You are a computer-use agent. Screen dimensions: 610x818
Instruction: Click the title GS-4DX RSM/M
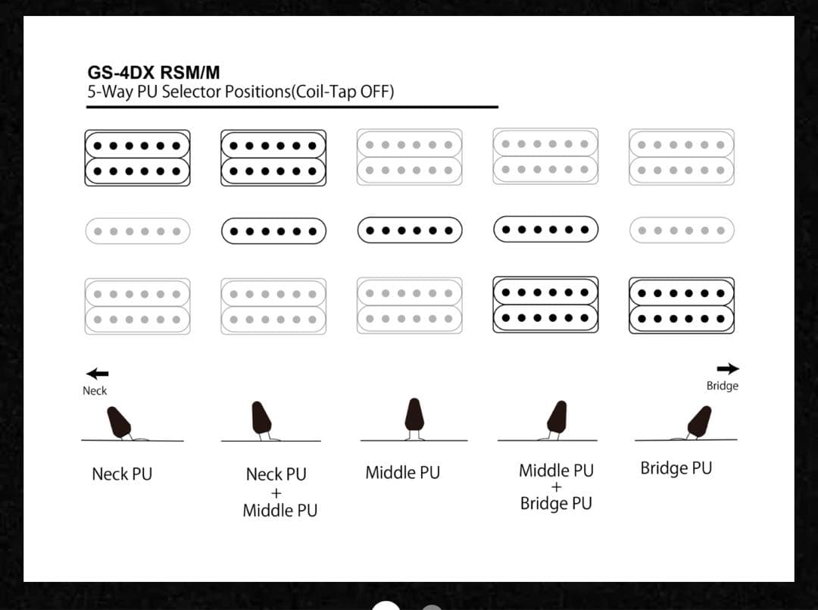pos(154,74)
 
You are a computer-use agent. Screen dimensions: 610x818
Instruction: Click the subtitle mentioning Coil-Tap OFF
pos(241,92)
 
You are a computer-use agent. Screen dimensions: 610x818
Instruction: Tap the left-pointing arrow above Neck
pos(97,374)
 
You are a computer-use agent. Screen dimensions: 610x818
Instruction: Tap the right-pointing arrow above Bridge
pos(728,369)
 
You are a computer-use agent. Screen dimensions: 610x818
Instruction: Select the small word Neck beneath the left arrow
pos(95,391)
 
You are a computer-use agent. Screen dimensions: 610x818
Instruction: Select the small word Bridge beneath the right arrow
pos(722,386)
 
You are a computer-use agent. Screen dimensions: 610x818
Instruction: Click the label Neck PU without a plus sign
pos(122,474)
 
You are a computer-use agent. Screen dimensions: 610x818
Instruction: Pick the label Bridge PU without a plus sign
pos(676,468)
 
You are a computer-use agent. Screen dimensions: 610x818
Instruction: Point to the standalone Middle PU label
pos(402,473)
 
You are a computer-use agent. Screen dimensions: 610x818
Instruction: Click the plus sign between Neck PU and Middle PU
pos(276,493)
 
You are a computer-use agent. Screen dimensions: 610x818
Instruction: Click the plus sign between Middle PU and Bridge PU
pos(556,487)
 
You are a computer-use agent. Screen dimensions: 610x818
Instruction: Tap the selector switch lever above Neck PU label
pos(120,422)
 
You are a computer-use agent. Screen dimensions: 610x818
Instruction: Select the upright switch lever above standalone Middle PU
pos(414,414)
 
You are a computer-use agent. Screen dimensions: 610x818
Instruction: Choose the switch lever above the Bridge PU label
pos(700,421)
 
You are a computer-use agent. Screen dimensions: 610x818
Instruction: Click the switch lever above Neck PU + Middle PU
pos(262,418)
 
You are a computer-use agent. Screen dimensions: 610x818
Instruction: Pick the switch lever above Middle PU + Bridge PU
pos(557,418)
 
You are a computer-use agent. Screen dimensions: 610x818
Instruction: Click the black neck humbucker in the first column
pos(137,158)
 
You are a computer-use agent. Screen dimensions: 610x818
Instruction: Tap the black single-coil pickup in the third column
pos(410,230)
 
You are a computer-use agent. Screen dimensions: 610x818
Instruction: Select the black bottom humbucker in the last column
pos(681,305)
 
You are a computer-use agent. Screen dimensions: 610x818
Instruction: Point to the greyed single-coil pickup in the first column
pos(137,230)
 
